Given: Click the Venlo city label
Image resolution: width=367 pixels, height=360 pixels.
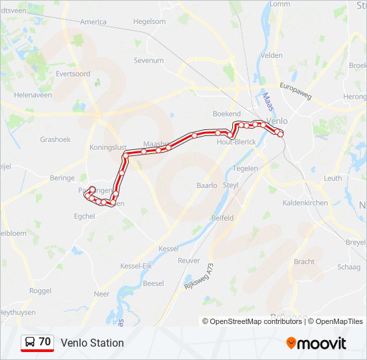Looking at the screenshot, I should pos(276,121).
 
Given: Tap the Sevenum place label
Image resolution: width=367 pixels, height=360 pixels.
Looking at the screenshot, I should pos(149,61).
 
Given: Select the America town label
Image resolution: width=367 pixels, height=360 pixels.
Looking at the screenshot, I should pos(93,22).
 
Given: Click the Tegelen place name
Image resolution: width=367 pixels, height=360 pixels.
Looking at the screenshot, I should pos(246,169).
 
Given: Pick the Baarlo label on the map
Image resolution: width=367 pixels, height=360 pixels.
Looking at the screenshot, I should pos(208,185).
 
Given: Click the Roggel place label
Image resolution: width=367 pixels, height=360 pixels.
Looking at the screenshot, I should pos(40,291).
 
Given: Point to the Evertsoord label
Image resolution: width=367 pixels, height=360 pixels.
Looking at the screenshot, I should pos(73,74).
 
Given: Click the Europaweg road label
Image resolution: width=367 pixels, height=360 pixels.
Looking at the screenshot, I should pos(296,91).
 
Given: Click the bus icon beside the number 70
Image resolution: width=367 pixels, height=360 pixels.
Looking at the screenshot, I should pos(30,343).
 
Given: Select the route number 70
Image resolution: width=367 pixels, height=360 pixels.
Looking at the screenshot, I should pos(45,342).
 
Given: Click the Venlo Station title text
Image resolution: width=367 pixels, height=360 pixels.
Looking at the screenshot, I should pos(92,343).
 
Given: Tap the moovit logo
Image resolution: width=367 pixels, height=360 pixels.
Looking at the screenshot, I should pos(316,343).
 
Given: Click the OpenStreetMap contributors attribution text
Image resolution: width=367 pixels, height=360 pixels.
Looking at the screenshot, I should pos(252,321).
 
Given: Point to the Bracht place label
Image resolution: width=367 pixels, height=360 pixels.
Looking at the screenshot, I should pos(304,261).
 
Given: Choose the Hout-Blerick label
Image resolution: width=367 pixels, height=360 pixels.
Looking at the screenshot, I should pos(236,142).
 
